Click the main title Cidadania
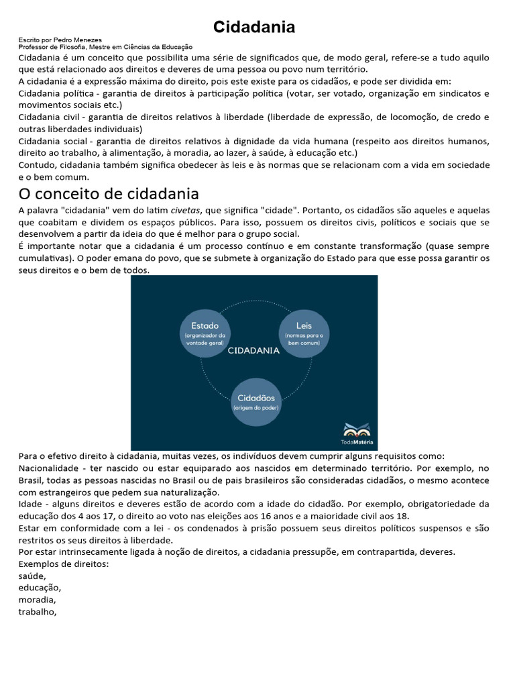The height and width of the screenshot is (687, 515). tap(254, 27)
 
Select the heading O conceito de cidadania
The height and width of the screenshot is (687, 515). tap(109, 194)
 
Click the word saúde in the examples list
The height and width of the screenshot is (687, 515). tap(32, 576)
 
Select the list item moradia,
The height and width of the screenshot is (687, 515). tap(38, 600)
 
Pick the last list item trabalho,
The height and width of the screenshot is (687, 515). tap(38, 612)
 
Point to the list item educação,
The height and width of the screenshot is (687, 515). tap(40, 588)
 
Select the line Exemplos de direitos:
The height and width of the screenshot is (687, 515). tap(64, 564)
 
